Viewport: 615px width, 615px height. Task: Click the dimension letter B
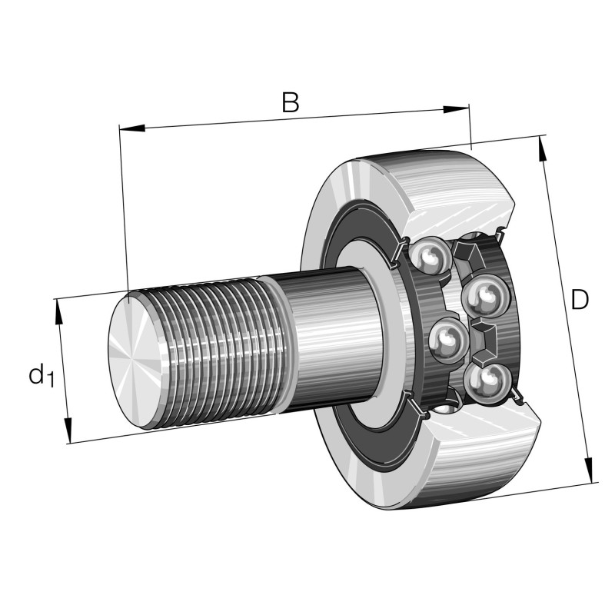290,102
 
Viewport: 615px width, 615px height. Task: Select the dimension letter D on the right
580,300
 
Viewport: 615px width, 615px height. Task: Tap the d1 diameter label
41,376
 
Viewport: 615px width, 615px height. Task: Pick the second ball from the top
484,297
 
